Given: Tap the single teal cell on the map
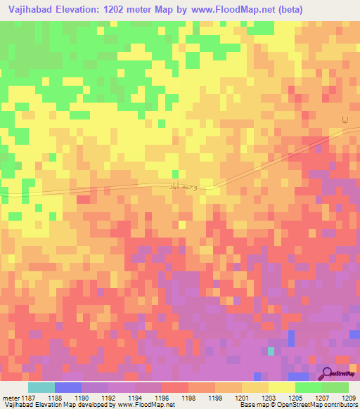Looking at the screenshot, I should coord(271,351).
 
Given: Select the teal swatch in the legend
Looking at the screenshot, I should coord(41,387).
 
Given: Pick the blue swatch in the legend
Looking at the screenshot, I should coord(68,387).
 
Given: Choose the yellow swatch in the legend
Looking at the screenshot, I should coord(282,387).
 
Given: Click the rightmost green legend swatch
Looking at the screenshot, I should coord(335,387).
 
